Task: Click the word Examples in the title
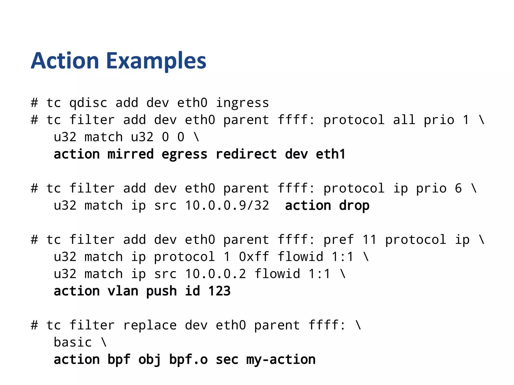coord(156,61)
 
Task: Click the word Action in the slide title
coord(65,61)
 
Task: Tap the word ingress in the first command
coord(242,103)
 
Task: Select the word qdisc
coord(88,103)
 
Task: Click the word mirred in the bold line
coord(131,154)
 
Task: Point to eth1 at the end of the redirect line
coord(331,154)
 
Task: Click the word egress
coord(184,154)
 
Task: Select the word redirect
coord(246,154)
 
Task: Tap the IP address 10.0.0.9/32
coord(227,206)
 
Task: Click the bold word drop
coord(354,206)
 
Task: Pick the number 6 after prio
coord(458,188)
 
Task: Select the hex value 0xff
coord(254,257)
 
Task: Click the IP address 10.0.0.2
coord(215,274)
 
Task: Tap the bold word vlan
coord(123,291)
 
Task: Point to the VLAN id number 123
coord(219,291)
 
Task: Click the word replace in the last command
coord(150,325)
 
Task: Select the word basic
coord(73,342)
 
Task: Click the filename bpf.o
coord(188,359)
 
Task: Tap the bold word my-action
coord(281,359)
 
